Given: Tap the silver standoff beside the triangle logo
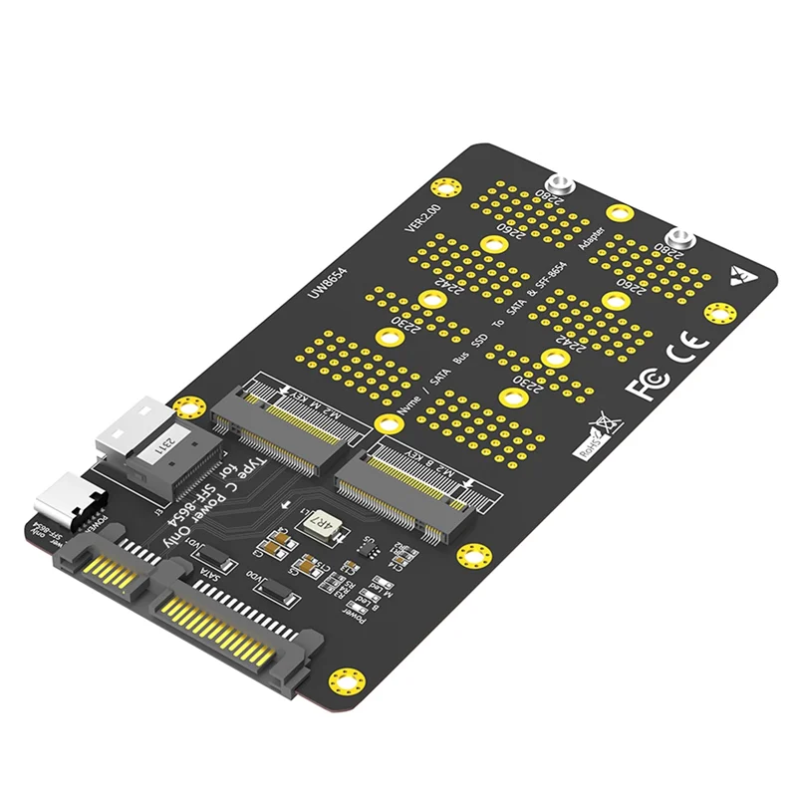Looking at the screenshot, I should pos(681,239).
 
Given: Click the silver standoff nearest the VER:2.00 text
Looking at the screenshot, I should pos(561,184).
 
